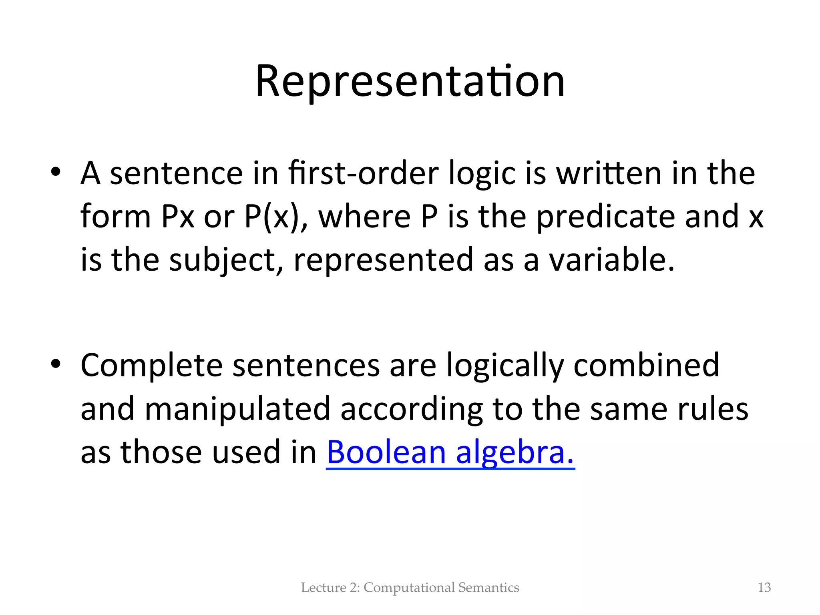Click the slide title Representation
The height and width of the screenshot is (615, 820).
410,82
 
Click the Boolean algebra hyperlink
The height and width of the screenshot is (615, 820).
450,452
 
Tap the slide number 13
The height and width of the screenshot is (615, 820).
764,587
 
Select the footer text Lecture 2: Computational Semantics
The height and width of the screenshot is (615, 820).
410,587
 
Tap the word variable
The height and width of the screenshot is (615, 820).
611,259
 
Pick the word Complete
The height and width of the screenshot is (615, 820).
151,365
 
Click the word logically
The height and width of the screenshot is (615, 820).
505,366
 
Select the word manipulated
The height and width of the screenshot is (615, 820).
237,409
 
